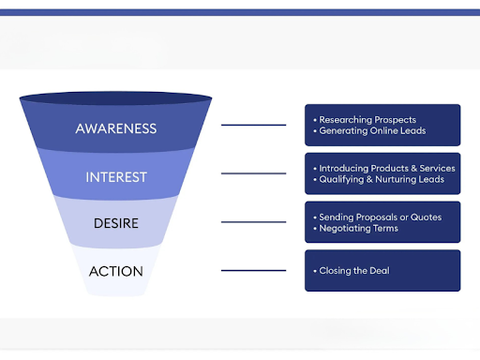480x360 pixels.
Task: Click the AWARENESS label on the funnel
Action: (x=115, y=127)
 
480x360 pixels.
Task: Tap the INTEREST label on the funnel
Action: (x=115, y=176)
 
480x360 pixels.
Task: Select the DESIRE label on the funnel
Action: (x=115, y=223)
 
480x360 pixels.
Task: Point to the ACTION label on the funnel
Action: (x=115, y=272)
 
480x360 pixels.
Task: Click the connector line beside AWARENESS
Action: (x=253, y=125)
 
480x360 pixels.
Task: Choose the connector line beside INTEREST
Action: (x=253, y=173)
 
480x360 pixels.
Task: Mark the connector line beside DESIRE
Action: (x=253, y=222)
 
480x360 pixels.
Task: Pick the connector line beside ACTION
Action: (x=253, y=271)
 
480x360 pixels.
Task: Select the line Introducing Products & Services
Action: (x=386, y=169)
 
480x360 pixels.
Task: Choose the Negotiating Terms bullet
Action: (x=358, y=228)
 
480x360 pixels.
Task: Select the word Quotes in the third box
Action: (x=427, y=217)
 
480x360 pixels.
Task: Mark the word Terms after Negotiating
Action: (x=384, y=228)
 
